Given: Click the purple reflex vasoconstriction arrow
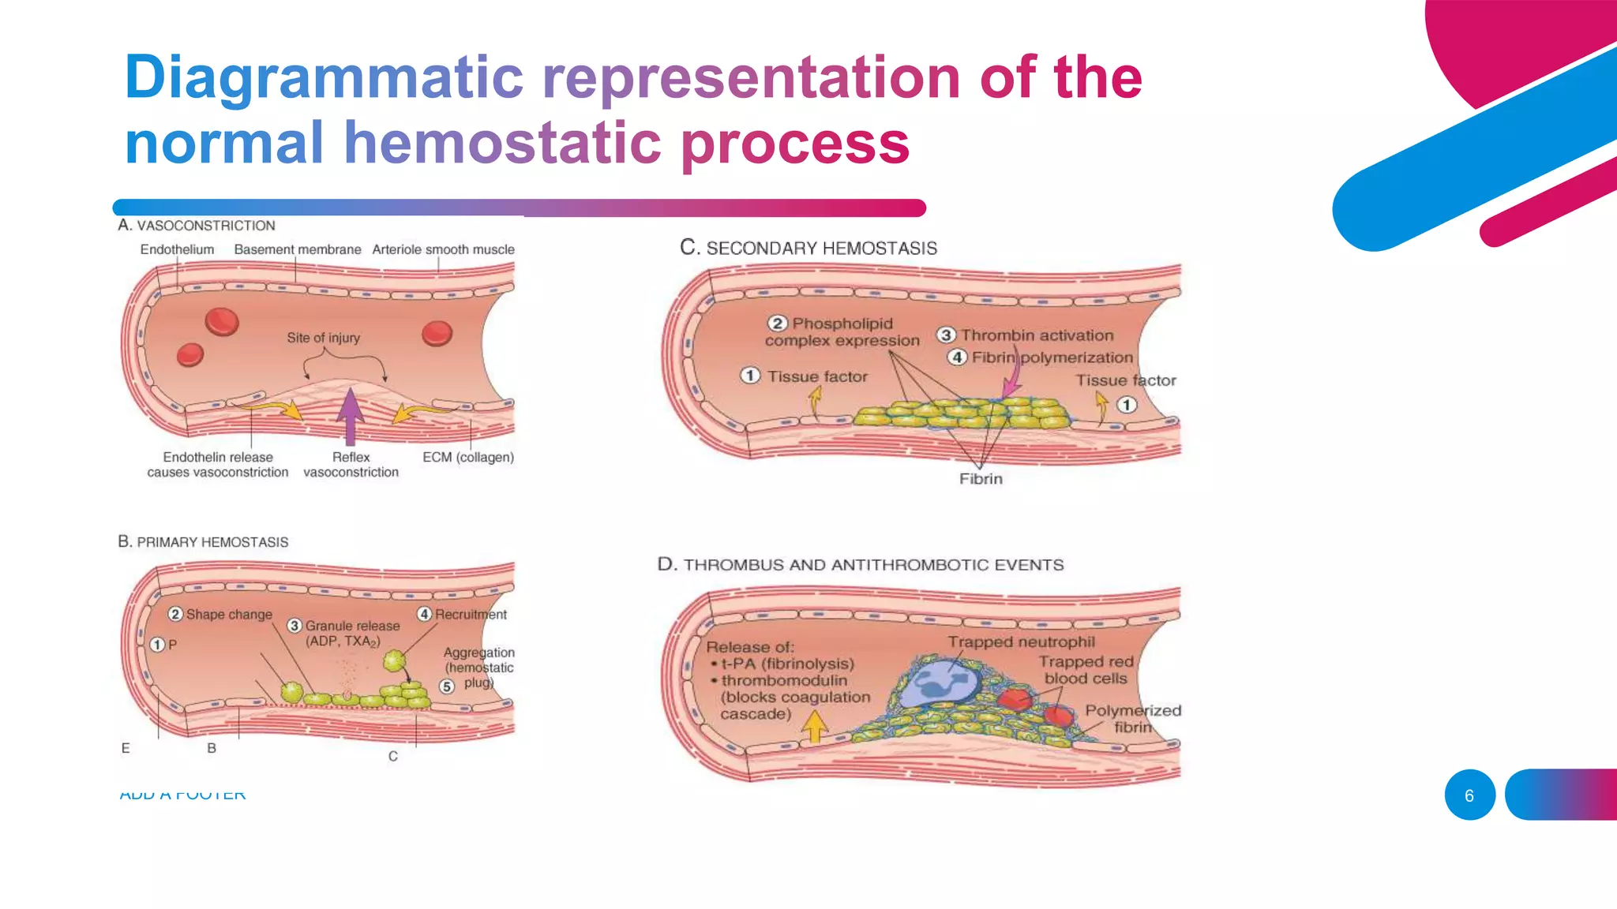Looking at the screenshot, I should [x=350, y=413].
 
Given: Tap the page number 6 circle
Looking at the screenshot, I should [x=1469, y=795].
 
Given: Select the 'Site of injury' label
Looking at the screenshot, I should [x=323, y=338].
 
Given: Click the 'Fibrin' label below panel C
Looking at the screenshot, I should [x=981, y=479].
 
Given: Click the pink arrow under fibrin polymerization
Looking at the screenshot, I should [x=1011, y=384].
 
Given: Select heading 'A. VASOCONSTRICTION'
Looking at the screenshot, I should [x=197, y=226].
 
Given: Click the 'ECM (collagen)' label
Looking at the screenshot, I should [x=467, y=457].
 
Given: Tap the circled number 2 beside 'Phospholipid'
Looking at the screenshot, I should [x=777, y=324].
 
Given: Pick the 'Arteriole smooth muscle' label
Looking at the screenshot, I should [x=443, y=249].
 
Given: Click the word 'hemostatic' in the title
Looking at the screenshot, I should [x=503, y=143].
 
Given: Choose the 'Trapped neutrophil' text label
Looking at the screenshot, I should [x=1021, y=642].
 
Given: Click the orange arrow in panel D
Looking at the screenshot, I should [x=814, y=726].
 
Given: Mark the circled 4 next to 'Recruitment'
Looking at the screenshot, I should [x=425, y=614].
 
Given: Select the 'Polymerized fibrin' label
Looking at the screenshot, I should [x=1132, y=718].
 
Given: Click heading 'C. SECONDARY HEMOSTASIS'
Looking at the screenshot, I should [x=808, y=249].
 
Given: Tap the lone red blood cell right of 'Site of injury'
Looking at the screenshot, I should [x=437, y=333].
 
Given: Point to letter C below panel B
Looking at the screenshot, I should [x=392, y=756].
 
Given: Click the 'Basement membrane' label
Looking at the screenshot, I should [x=297, y=249].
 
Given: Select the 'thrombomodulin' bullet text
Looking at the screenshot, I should [x=783, y=680].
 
